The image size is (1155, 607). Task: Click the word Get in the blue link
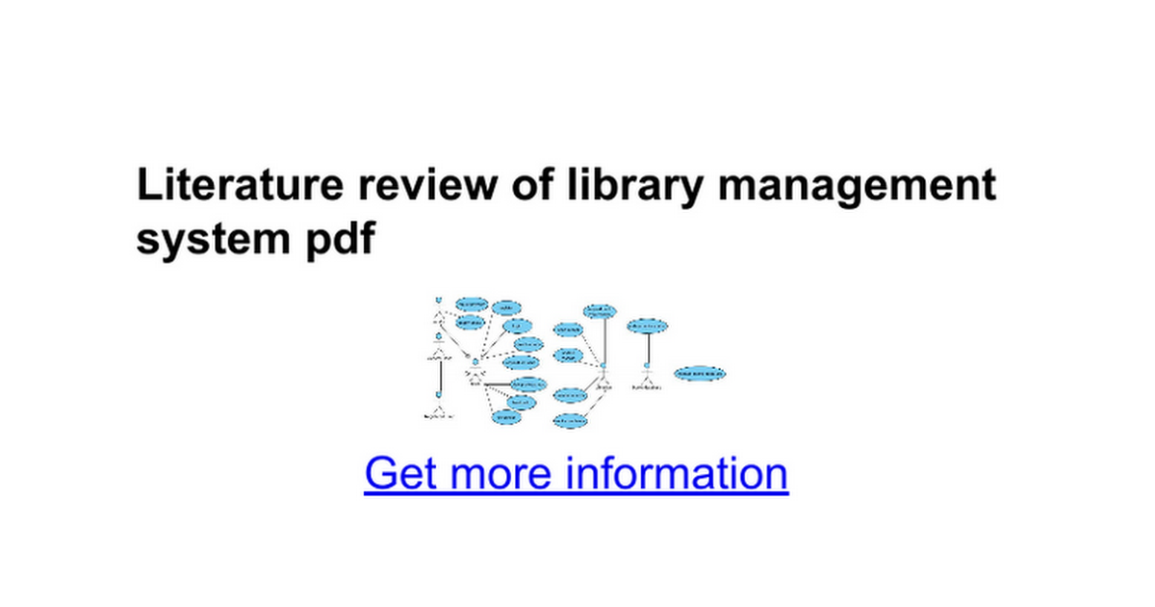pyautogui.click(x=400, y=474)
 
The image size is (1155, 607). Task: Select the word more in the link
pyautogui.click(x=501, y=474)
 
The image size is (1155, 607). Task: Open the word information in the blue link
pyautogui.click(x=677, y=474)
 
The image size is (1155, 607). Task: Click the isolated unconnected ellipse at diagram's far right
pyautogui.click(x=700, y=373)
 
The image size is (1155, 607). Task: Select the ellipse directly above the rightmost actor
pyautogui.click(x=647, y=327)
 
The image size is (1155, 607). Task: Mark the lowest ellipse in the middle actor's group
pyautogui.click(x=571, y=421)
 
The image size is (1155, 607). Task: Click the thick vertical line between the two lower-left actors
pyautogui.click(x=438, y=376)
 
